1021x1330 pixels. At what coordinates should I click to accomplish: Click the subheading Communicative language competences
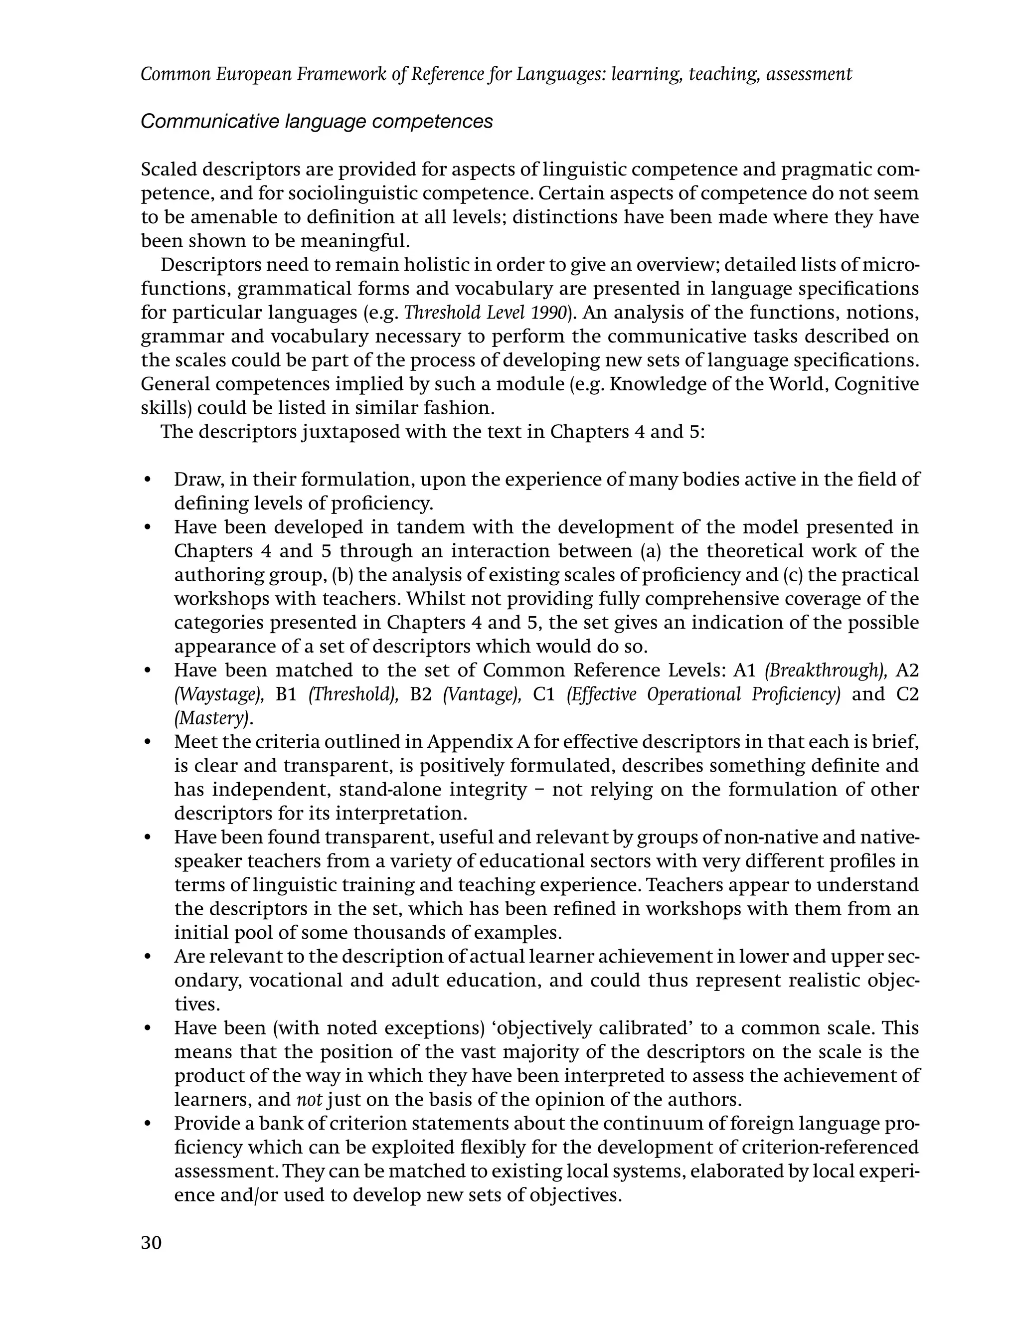317,122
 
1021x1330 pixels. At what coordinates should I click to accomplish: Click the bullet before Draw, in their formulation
147,480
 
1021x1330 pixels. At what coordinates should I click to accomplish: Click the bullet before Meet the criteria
147,742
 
